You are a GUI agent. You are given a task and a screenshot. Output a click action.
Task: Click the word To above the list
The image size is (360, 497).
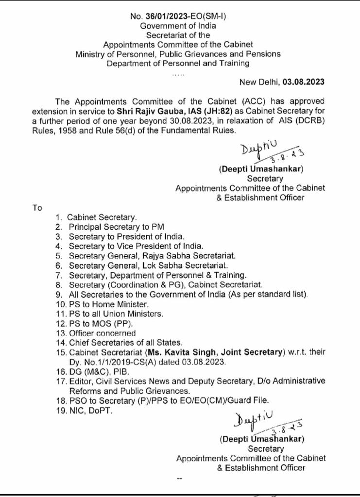click(37, 208)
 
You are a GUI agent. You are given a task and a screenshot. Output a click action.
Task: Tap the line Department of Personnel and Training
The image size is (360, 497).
click(178, 63)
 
